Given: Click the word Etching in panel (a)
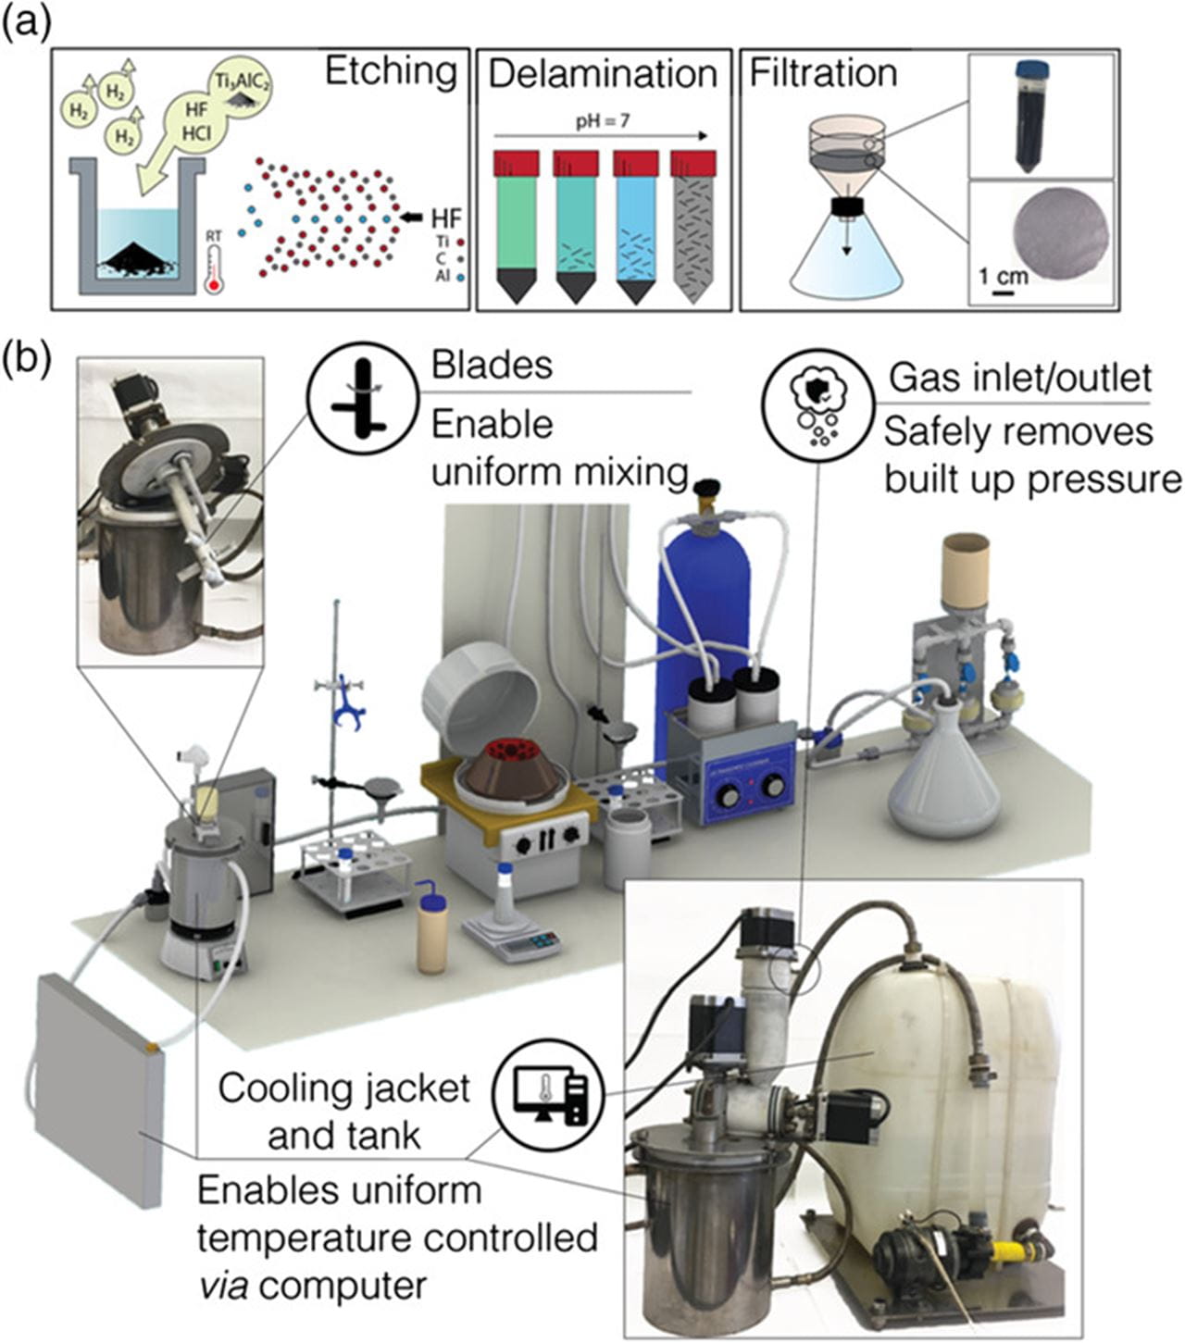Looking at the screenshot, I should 390,72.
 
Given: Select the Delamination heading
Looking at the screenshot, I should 603,74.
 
